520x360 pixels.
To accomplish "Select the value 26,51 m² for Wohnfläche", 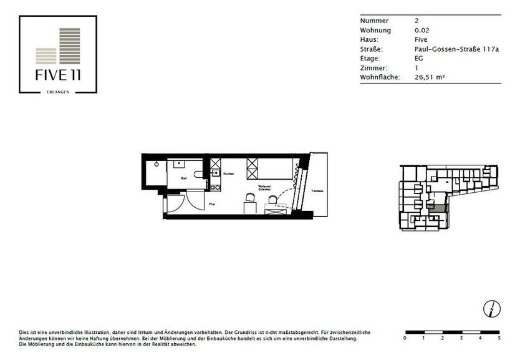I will pos(430,77).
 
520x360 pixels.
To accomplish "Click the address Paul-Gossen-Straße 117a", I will pos(456,49).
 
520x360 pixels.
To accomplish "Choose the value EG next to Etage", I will pos(419,58).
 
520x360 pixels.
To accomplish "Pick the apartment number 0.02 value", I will pos(421,30).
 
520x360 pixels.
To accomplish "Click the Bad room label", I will pos(184,178).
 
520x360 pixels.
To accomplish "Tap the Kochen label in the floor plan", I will pos(228,173).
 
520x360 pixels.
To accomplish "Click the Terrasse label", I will pos(317,192).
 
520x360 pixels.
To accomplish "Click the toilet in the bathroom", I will pos(198,175).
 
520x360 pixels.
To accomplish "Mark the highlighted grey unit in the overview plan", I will pos(440,208).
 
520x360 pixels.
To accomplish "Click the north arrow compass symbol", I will pos(491,308).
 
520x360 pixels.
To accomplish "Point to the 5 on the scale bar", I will pos(499,338).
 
